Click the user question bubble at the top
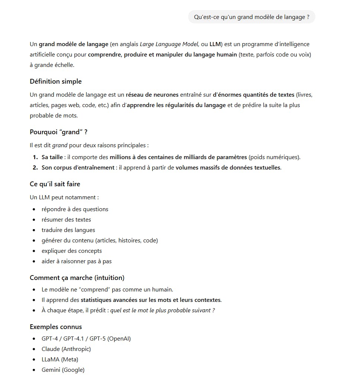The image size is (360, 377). coord(251,17)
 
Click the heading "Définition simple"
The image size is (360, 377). coord(55,81)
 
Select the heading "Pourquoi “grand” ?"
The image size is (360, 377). coord(58,132)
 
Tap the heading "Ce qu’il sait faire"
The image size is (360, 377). coord(55,184)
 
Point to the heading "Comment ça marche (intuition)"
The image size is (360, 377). coord(77,278)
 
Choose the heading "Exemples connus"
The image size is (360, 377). coord(56,327)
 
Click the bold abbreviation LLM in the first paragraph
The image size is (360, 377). coord(215,44)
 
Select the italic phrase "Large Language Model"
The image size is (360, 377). coord(169,44)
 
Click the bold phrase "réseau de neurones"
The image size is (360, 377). coord(152,95)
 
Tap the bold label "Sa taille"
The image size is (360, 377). coord(52,157)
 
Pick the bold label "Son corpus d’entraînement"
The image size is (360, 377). coord(78,168)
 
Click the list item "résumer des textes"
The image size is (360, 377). coord(66,220)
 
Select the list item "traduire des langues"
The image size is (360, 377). coord(68,230)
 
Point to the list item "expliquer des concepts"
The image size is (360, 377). coord(71,251)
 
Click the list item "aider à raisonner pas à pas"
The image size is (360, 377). coord(76,261)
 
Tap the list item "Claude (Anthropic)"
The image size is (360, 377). coord(66,349)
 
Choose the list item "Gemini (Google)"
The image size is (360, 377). coord(63,370)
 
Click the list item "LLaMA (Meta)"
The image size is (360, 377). coord(60,360)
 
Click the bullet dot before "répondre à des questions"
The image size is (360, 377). coord(34,209)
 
